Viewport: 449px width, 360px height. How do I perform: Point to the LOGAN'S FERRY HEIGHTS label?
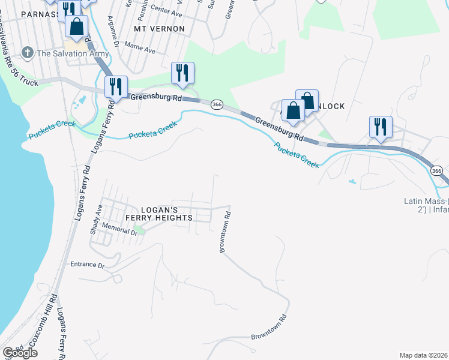(149, 213)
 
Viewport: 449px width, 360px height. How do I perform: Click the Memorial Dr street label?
(120, 228)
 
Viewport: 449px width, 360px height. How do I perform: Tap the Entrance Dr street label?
(88, 265)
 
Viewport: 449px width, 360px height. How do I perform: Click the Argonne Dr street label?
(111, 25)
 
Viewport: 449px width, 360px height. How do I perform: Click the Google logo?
(20, 353)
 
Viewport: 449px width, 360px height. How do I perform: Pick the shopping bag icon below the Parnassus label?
(76, 26)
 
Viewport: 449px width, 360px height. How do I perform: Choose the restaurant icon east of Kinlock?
(381, 127)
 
